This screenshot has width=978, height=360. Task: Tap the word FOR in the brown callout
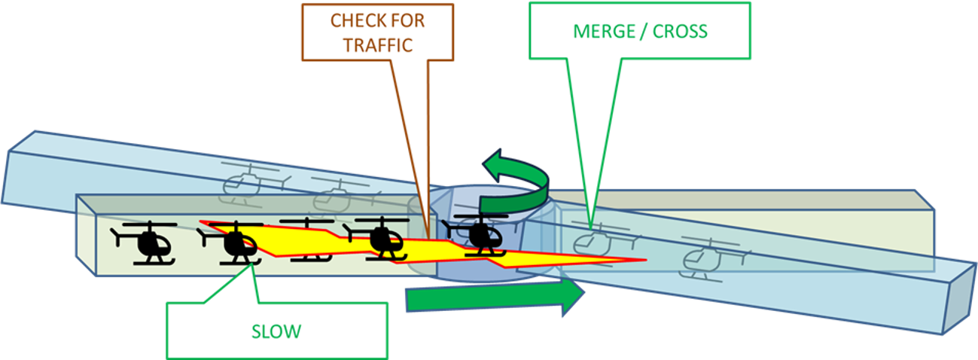click(x=410, y=20)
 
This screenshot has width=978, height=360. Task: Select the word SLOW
click(x=276, y=331)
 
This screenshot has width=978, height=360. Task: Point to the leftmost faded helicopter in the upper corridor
click(x=245, y=183)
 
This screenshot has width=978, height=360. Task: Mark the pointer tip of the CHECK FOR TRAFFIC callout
click(x=428, y=239)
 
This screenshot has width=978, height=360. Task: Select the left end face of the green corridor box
click(x=86, y=234)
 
